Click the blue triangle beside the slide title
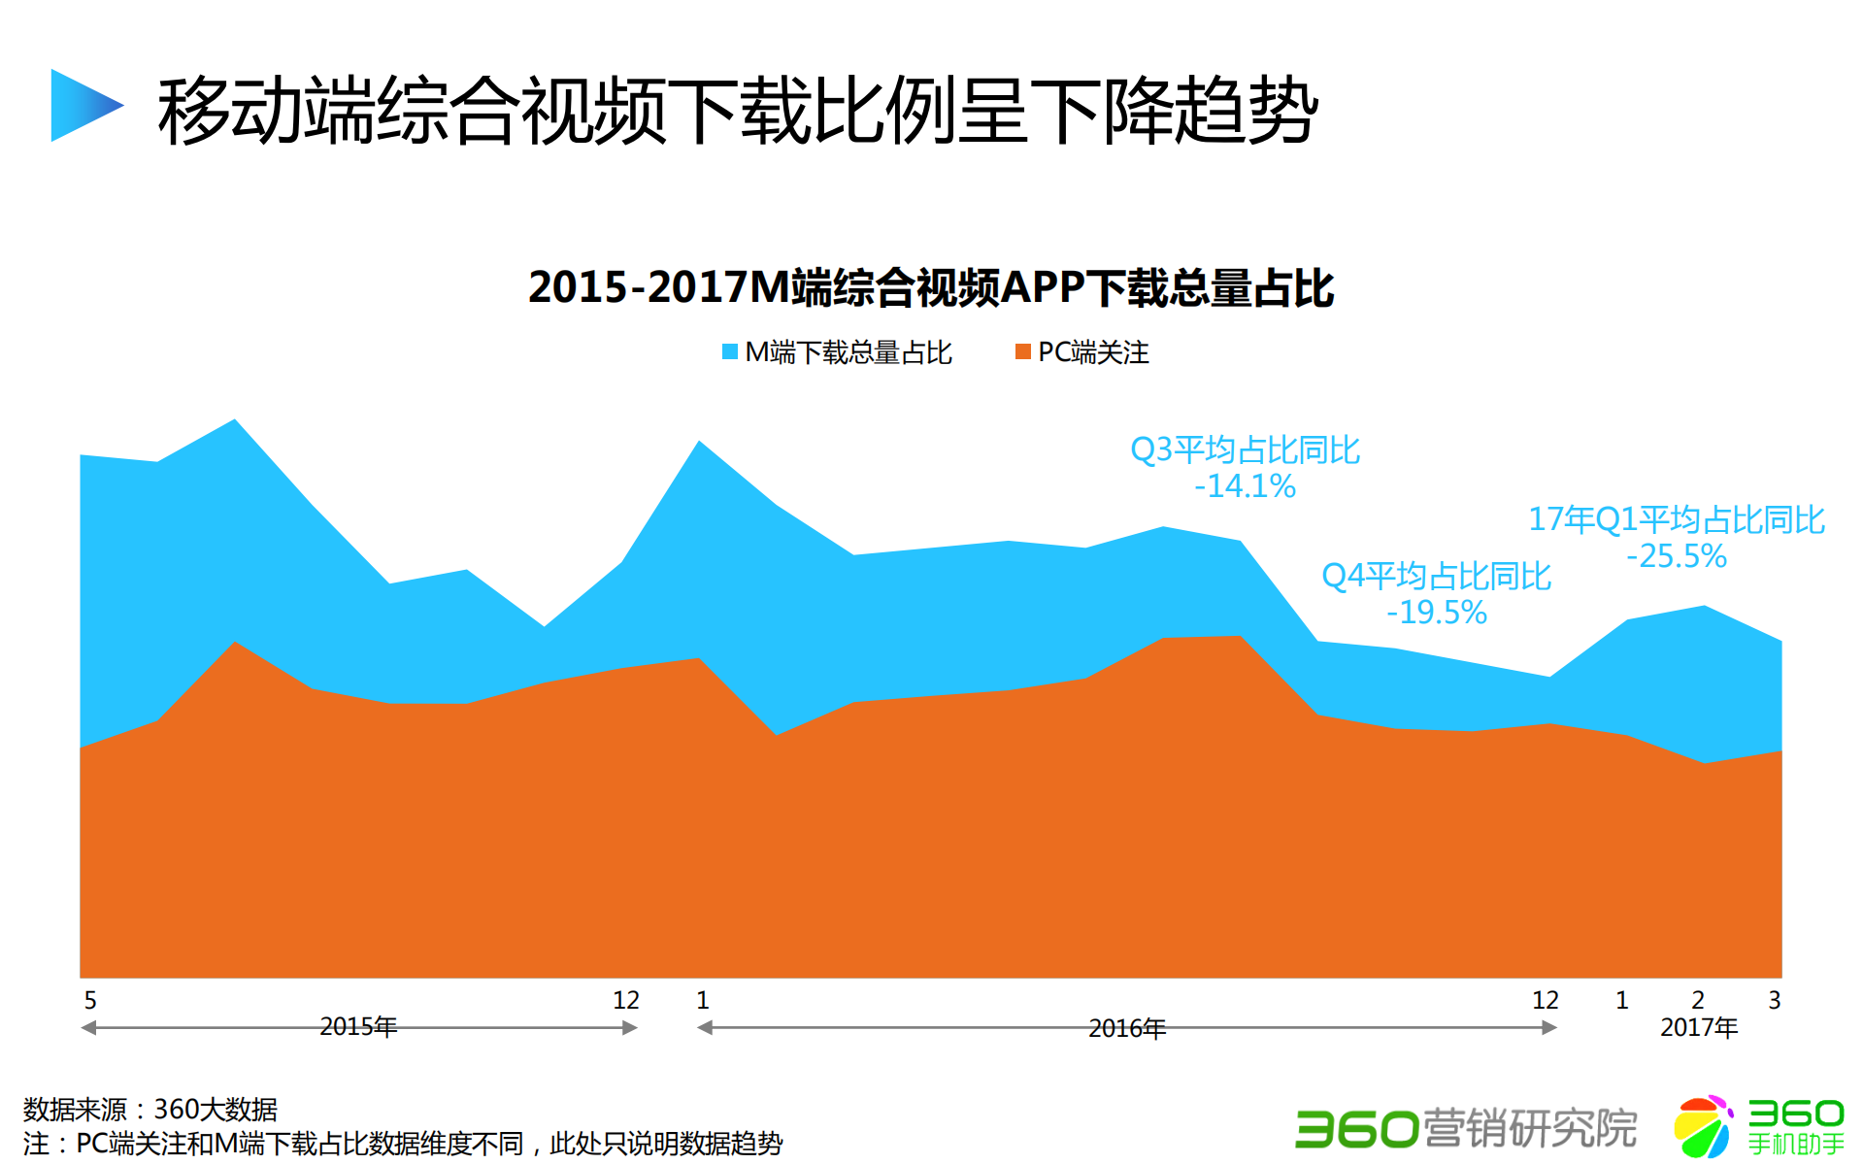[82, 105]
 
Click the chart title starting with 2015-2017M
[930, 288]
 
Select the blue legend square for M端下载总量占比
[729, 351]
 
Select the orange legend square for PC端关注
[1022, 351]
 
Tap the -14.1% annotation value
[1245, 486]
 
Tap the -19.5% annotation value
[1436, 613]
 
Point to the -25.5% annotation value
[1676, 556]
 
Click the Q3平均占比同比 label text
[1245, 449]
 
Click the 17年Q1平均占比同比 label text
[1676, 519]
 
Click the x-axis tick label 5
[90, 1000]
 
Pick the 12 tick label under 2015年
[625, 1000]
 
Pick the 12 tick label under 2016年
[1545, 1000]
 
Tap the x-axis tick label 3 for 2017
[1774, 1000]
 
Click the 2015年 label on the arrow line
[358, 1026]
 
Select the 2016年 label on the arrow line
[1126, 1027]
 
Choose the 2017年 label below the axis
[1698, 1027]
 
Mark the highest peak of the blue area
[235, 421]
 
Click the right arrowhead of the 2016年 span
[1550, 1027]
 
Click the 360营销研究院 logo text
[1465, 1128]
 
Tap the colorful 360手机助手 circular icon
[1703, 1126]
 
